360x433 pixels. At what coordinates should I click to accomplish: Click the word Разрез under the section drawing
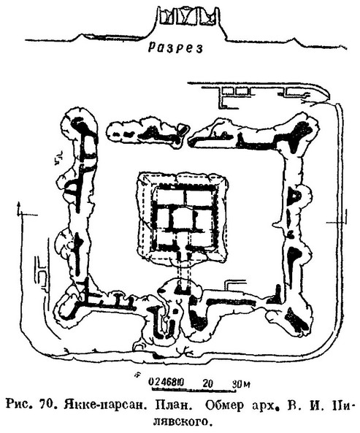(x=175, y=47)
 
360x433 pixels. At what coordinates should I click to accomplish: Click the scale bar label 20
(x=207, y=383)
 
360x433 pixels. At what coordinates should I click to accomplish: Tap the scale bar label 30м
(x=241, y=383)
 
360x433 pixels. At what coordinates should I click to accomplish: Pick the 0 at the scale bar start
(x=151, y=382)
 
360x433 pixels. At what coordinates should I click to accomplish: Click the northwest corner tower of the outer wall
(x=80, y=128)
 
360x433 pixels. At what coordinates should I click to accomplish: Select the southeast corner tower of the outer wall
(x=295, y=318)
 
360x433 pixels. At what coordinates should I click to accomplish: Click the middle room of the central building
(x=182, y=218)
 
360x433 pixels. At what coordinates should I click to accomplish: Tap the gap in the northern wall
(x=190, y=137)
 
